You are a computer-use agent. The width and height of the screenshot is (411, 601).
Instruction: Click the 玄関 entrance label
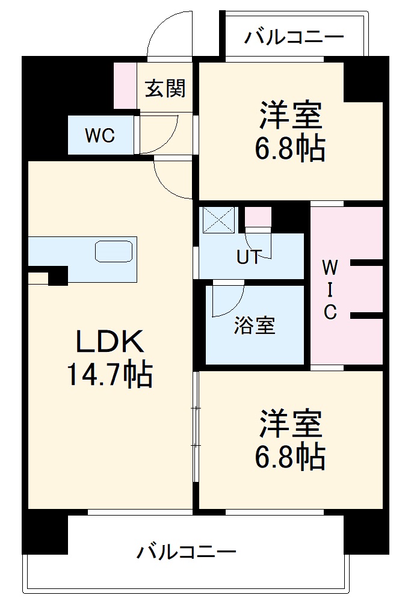tap(165, 89)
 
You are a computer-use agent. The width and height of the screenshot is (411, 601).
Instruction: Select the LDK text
tap(109, 342)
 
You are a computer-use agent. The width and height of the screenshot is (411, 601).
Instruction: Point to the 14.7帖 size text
tap(109, 375)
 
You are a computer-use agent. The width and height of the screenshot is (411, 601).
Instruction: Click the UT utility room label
tap(248, 257)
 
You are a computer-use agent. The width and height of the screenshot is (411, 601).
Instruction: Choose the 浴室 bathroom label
tap(255, 325)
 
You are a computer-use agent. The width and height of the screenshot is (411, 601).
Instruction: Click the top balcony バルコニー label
tap(294, 37)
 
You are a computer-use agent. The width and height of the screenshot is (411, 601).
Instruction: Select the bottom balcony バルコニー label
tap(186, 551)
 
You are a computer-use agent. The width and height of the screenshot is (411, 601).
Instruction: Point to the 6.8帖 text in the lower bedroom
tap(290, 457)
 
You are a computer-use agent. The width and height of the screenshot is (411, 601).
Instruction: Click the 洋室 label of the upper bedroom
tap(290, 116)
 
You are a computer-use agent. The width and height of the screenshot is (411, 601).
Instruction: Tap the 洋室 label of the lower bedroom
tap(290, 425)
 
